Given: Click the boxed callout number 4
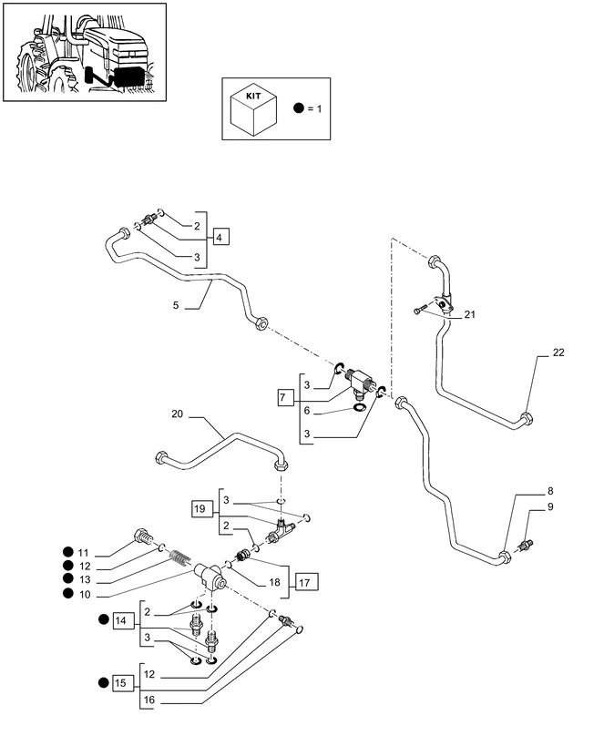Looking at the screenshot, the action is click(219, 237).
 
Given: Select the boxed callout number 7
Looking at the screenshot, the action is click(283, 397).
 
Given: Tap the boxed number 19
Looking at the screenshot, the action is click(200, 508).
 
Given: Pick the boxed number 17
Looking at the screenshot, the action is click(304, 582).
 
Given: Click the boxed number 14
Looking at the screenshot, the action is click(121, 620).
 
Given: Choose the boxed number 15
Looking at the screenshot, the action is click(121, 683).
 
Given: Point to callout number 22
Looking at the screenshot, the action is click(558, 353).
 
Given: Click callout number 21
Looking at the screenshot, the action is click(470, 314).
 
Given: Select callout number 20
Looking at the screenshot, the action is click(177, 414).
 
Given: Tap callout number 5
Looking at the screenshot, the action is click(176, 305).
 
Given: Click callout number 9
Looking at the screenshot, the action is click(550, 506).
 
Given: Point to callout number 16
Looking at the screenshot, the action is click(149, 700).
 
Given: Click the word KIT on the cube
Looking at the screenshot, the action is click(253, 96).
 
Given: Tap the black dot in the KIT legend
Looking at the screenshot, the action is click(299, 108).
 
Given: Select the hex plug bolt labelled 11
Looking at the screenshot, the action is click(143, 537).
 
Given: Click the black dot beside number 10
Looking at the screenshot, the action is click(68, 594).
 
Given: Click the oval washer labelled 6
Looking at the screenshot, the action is click(359, 407).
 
